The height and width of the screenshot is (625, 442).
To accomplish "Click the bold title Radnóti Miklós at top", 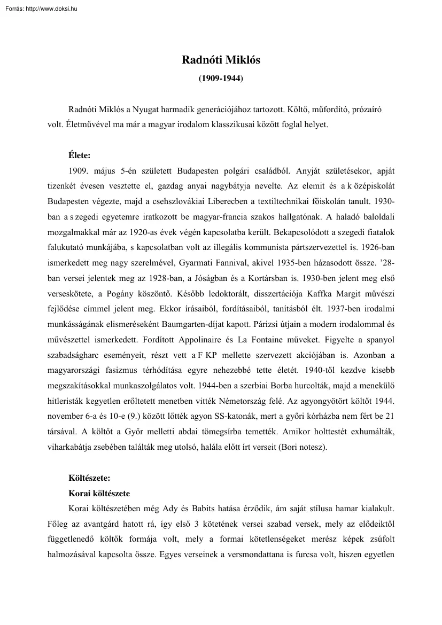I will pos(221,60).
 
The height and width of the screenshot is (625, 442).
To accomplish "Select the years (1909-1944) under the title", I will pos(221,78).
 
